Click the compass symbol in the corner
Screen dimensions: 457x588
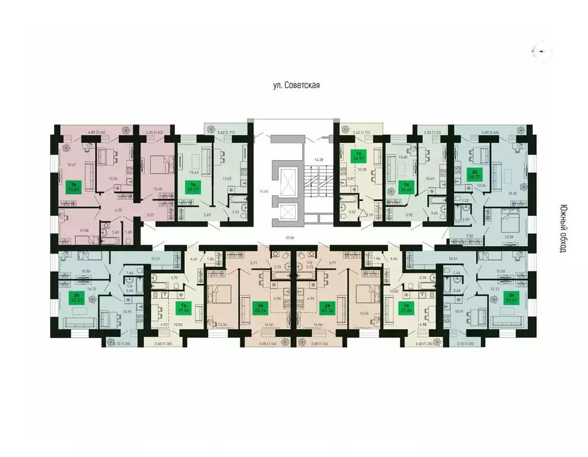click(x=542, y=51)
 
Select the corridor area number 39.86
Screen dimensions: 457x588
click(x=290, y=237)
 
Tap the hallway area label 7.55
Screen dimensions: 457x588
click(x=469, y=236)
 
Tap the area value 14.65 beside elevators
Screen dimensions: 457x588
click(x=260, y=192)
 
